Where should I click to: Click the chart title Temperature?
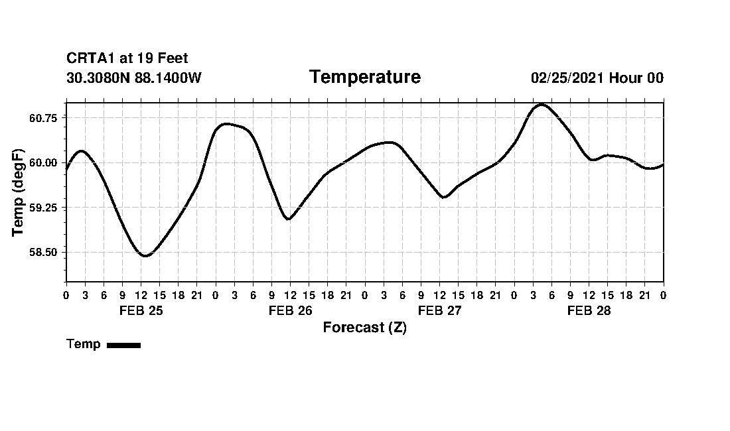click(x=364, y=78)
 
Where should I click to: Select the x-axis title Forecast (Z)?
click(x=364, y=328)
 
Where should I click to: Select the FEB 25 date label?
click(x=141, y=311)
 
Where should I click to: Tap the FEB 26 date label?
click(x=290, y=311)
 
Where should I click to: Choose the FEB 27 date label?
click(x=439, y=311)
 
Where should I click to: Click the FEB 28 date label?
click(x=589, y=311)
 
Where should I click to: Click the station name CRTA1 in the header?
click(x=91, y=59)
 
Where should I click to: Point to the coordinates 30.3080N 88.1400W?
click(x=133, y=78)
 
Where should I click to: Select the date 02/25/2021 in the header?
click(x=567, y=78)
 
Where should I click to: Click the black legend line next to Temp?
click(x=123, y=345)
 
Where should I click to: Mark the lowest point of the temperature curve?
click(x=145, y=256)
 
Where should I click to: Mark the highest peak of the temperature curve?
click(x=542, y=104)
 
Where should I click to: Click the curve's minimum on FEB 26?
click(x=288, y=219)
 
